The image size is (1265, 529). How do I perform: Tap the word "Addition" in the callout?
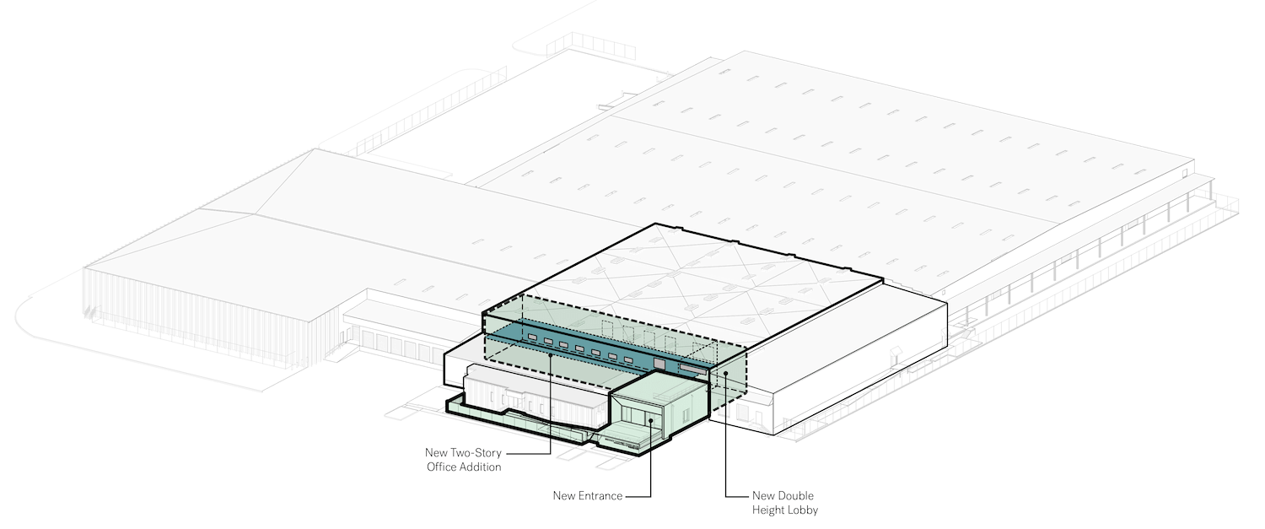[x=481, y=467]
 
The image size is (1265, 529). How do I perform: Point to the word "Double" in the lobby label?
[x=796, y=495]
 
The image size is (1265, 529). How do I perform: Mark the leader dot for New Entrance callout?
[x=650, y=420]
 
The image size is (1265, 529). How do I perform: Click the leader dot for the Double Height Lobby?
[x=725, y=374]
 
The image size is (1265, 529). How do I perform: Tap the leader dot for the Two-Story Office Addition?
[x=551, y=355]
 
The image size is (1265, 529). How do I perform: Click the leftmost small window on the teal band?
[x=532, y=337]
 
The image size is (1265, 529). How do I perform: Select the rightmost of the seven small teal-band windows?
[x=628, y=359]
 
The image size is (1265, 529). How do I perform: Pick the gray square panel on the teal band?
[x=659, y=364]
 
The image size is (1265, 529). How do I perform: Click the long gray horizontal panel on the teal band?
[x=693, y=369]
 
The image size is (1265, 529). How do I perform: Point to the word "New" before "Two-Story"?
[x=436, y=453]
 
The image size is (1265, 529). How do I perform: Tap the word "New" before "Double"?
[x=763, y=495]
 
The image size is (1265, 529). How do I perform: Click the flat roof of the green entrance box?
[x=658, y=389]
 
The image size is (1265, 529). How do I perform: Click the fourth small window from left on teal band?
[x=580, y=348]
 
